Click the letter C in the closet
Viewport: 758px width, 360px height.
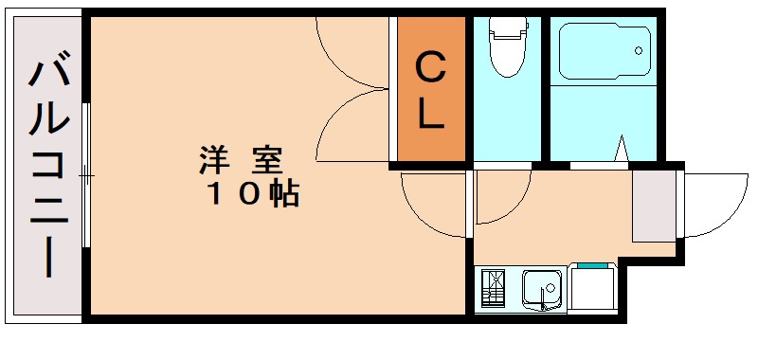point(431,69)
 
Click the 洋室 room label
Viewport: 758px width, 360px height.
point(243,158)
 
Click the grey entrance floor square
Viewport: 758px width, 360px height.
point(654,205)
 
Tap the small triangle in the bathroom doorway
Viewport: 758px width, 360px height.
point(622,151)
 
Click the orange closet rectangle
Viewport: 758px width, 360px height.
point(431,89)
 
